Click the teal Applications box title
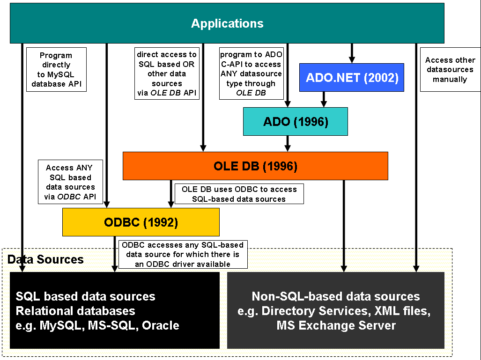tap(227, 23)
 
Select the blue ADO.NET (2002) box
tap(352, 77)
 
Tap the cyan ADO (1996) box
tap(295, 122)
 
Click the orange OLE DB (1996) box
tap(255, 166)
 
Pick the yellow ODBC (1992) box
tap(141, 222)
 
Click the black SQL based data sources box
tap(114, 310)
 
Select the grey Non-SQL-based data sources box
tap(335, 310)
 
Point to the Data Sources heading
tap(45, 259)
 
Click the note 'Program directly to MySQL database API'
tap(56, 70)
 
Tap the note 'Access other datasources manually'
tap(450, 70)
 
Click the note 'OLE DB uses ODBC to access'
tap(239, 194)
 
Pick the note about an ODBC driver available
tap(182, 254)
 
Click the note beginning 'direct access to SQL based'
tap(166, 73)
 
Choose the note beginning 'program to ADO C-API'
tap(251, 73)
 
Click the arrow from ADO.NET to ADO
tap(323, 99)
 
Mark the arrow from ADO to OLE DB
tap(288, 143)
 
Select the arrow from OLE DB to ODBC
tap(171, 194)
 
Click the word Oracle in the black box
tap(161, 325)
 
